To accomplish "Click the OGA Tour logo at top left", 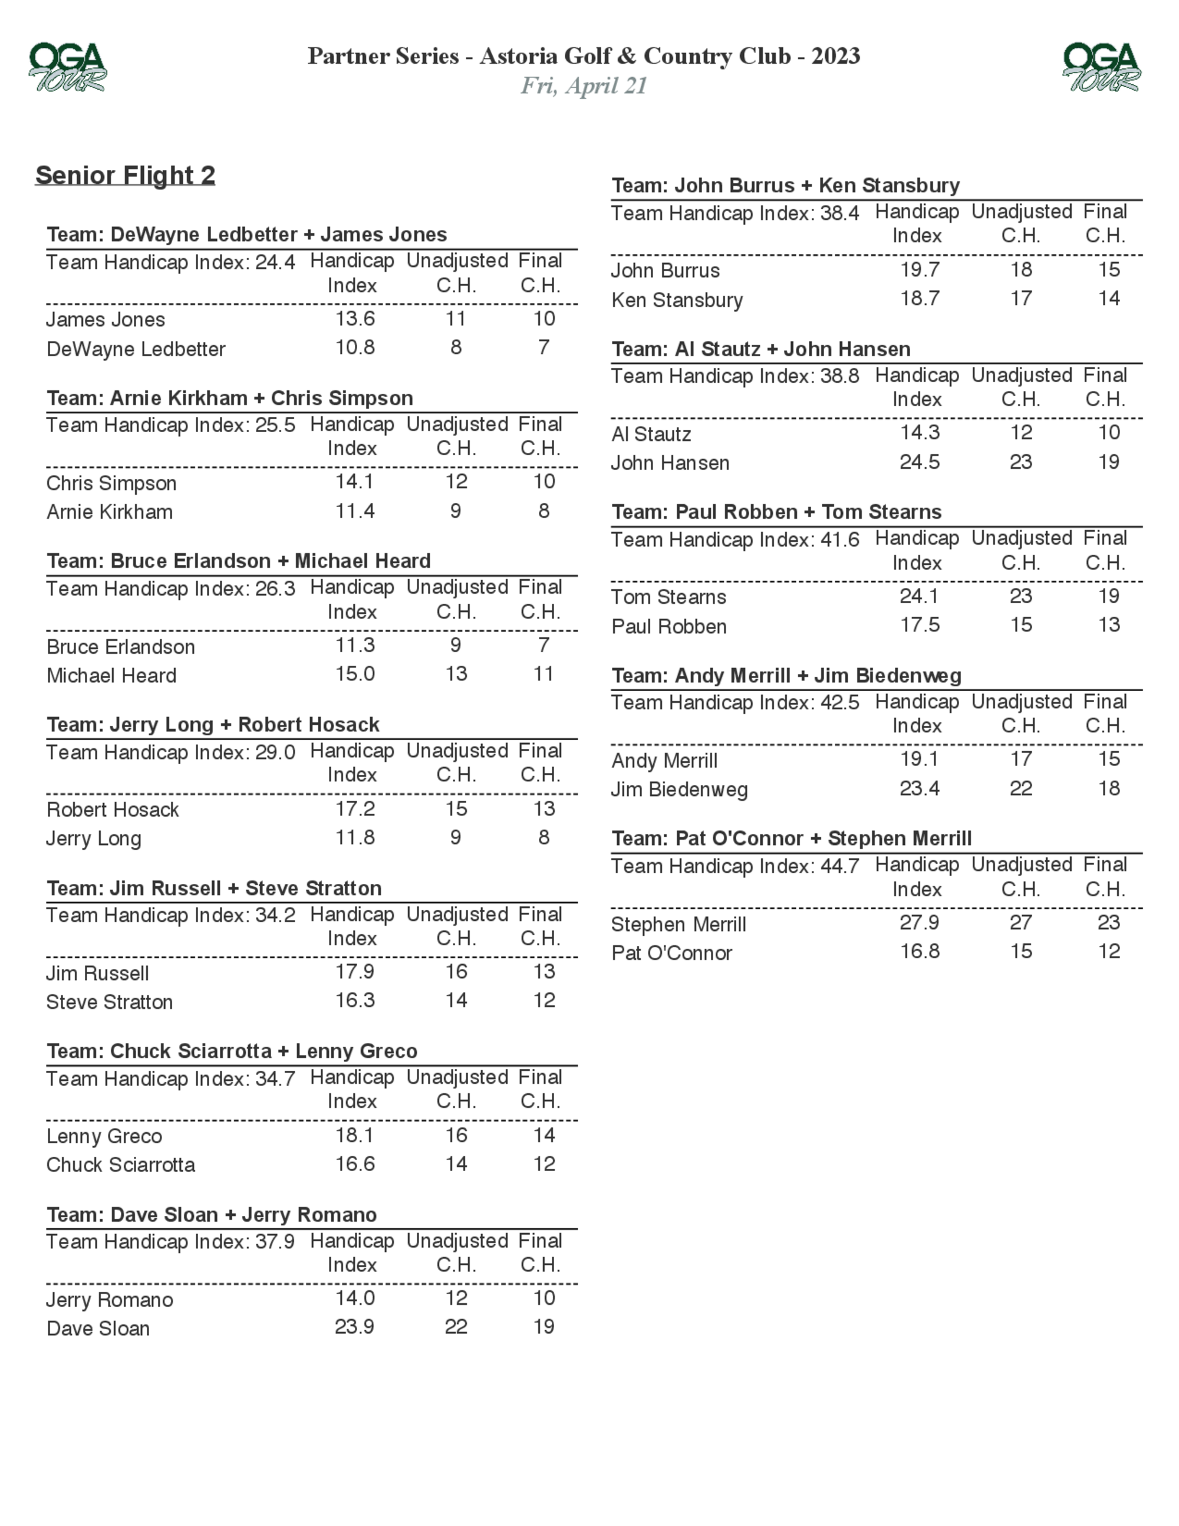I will (67, 67).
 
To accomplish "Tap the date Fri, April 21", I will (584, 86).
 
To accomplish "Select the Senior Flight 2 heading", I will (125, 175).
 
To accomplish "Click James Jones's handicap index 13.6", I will (355, 318).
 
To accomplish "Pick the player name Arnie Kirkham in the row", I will (110, 512).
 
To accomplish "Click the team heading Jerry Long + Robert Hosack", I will (213, 725).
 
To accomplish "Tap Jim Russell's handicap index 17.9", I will (355, 972).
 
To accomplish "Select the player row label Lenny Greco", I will (104, 1136).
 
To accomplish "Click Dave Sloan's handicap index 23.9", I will (355, 1327).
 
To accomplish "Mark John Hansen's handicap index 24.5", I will (919, 462).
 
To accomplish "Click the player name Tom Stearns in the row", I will (668, 597).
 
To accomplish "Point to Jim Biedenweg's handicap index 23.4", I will (919, 789).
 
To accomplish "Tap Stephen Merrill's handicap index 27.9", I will (919, 923).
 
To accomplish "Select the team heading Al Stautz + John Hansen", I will (760, 349).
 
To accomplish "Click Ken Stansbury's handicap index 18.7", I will (919, 299).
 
